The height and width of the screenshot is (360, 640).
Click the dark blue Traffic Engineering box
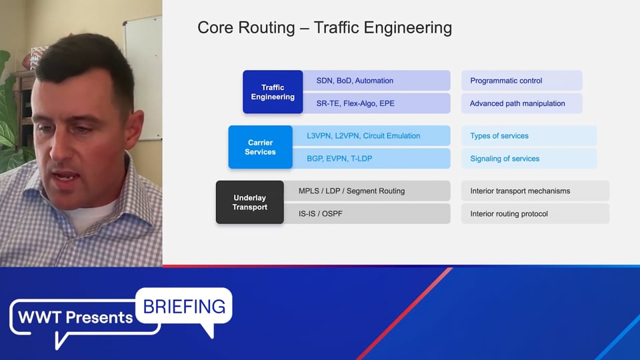(273, 92)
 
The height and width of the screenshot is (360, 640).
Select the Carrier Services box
(261, 147)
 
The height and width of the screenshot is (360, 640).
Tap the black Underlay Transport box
(250, 202)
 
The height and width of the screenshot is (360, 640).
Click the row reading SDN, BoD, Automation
(376, 81)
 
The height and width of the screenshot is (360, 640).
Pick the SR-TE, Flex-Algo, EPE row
(376, 103)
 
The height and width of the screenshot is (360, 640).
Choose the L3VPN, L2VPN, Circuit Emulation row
(371, 135)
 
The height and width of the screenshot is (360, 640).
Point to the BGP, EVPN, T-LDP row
(371, 159)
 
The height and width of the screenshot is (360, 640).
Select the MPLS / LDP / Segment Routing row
(367, 191)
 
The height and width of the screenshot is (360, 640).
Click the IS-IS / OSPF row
(367, 213)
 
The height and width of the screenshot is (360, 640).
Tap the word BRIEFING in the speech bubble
(184, 307)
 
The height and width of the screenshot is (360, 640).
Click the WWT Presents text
(75, 317)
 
